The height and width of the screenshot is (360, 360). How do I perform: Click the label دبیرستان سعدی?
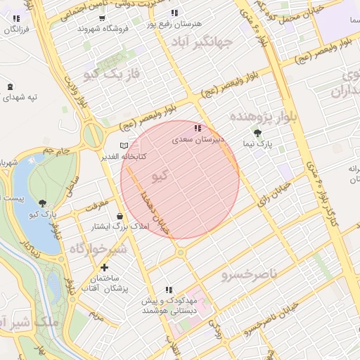click(198, 141)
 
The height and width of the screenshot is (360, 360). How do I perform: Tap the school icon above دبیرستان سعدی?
click(198, 129)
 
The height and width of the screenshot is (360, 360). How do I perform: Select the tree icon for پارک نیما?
click(258, 132)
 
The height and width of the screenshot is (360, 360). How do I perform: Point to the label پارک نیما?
click(258, 144)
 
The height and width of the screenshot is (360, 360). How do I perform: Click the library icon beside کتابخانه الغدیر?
click(124, 146)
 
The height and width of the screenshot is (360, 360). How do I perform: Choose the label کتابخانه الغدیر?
click(122, 156)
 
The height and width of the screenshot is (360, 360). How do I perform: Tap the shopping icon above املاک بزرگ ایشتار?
click(119, 217)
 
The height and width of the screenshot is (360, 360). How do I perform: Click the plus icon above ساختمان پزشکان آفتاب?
click(104, 267)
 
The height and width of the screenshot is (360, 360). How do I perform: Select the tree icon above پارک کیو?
click(43, 202)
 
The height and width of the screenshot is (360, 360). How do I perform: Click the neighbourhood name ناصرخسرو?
click(249, 271)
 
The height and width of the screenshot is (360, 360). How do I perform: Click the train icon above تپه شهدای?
click(10, 86)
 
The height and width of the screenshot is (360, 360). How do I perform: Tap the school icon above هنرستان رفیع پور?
click(174, 13)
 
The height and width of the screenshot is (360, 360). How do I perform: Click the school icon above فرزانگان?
click(15, 18)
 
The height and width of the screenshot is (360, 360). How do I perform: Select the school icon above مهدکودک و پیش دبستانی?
click(169, 289)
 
